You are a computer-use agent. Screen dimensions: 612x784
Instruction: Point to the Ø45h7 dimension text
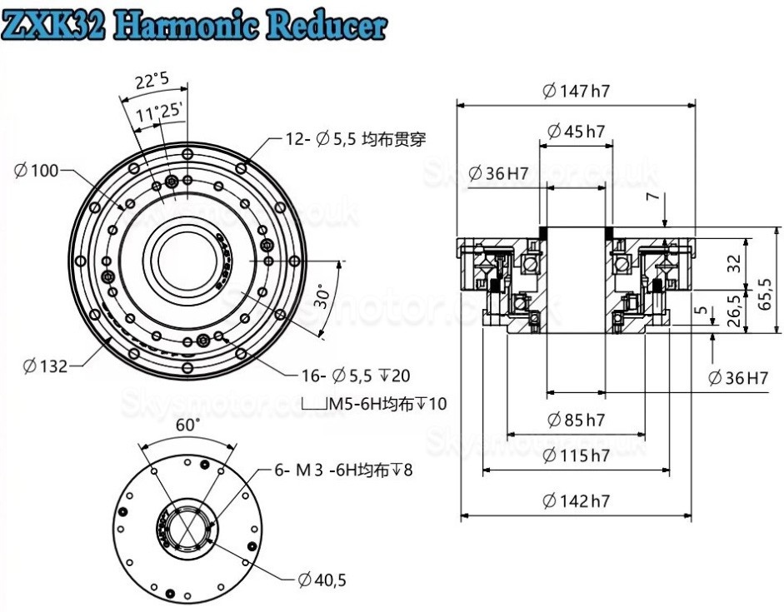[x=576, y=131]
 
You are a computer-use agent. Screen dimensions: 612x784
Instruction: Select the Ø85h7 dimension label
[x=575, y=420]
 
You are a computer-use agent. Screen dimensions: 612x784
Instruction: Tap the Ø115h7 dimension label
[x=575, y=455]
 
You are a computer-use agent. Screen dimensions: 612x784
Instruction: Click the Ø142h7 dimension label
[x=575, y=500]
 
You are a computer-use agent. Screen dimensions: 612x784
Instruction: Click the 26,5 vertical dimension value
[x=734, y=311]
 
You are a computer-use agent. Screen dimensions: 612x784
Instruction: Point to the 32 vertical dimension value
[x=734, y=263]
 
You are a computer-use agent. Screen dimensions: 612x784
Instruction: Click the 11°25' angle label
[x=161, y=112]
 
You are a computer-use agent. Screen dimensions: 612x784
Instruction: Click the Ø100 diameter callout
[x=37, y=171]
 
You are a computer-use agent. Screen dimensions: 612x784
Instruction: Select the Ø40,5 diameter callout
[x=322, y=580]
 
